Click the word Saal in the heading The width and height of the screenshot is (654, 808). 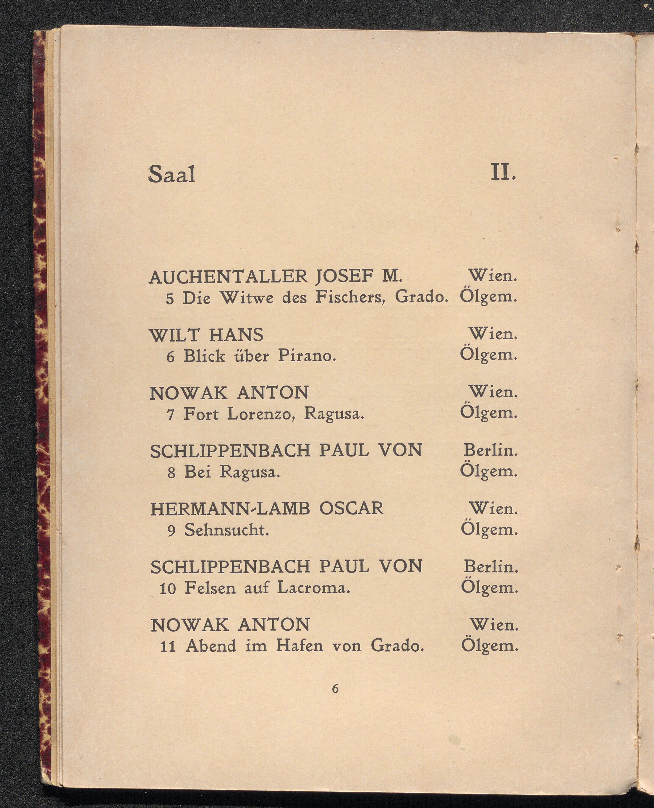172,174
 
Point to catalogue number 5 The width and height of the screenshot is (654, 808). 170,299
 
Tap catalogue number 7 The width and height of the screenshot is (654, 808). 170,415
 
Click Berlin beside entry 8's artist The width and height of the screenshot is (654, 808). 490,450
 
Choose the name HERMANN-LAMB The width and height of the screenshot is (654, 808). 230,509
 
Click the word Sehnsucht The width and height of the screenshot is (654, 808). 226,530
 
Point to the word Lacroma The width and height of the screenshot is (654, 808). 313,588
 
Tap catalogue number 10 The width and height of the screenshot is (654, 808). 168,589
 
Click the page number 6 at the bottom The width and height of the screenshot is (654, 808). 335,689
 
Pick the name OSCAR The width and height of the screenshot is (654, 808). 351,509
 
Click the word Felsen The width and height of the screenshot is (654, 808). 210,588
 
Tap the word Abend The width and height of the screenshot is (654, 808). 211,646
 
